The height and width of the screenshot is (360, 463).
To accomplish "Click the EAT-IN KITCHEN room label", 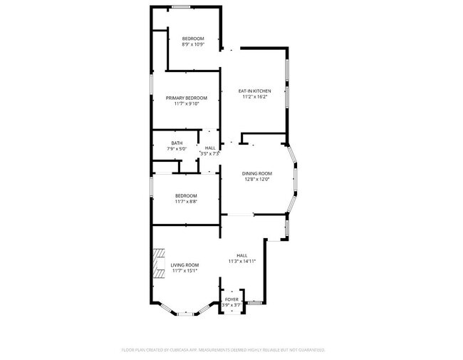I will click(x=254, y=91).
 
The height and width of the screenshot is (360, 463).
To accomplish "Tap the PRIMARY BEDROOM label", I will click(x=186, y=98).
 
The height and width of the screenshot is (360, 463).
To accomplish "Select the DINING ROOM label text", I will click(x=257, y=173).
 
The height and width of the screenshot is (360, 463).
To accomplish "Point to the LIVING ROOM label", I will click(x=184, y=265).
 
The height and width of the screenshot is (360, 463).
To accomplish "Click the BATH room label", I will click(x=176, y=143).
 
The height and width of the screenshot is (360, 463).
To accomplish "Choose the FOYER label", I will click(x=231, y=299).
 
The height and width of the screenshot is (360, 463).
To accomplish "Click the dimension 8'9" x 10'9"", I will click(x=193, y=44).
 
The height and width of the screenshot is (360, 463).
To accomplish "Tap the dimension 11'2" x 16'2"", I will click(x=254, y=97).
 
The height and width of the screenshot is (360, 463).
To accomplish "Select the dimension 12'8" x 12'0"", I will click(x=257, y=179).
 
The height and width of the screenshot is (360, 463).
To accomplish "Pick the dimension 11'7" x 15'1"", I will click(x=184, y=271).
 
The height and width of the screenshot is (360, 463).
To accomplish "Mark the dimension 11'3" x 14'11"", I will click(x=241, y=262).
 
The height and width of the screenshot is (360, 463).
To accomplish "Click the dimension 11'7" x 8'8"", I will click(x=186, y=202).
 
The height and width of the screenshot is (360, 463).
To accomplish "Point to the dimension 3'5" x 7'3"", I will click(x=210, y=153).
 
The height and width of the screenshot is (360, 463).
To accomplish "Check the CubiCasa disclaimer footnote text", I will click(x=224, y=350).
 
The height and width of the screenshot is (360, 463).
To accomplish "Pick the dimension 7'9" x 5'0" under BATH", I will click(x=176, y=148).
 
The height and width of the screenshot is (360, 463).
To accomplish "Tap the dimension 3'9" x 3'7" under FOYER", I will click(x=231, y=305).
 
